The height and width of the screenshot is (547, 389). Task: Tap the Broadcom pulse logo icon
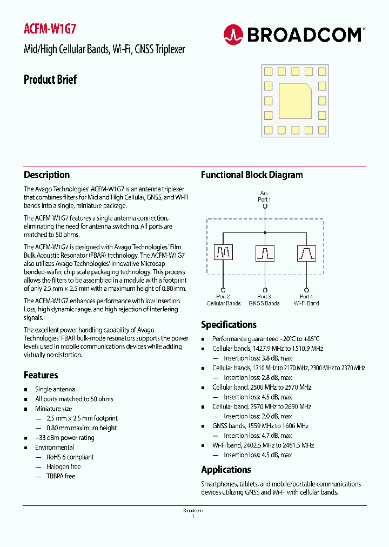[x=233, y=35]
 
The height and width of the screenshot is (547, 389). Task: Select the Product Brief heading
[x=50, y=79]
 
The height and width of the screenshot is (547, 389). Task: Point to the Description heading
[x=46, y=175]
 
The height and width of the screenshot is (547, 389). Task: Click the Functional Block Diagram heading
[x=252, y=175]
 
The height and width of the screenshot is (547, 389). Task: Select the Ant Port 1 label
[x=264, y=196]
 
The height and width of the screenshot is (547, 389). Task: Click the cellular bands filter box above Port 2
[x=223, y=252]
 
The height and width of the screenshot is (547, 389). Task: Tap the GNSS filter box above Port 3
[x=265, y=252]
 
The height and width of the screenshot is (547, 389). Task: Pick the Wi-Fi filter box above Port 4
[x=306, y=252]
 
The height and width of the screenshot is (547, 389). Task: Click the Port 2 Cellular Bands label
[x=223, y=300]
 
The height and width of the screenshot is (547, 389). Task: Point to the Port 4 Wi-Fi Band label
[x=306, y=300]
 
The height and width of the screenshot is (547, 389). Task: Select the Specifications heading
[x=229, y=325]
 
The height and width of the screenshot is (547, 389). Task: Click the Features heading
[x=41, y=375]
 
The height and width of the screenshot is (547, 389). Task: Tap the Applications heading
[x=226, y=470]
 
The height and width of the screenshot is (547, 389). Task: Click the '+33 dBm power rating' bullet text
[x=65, y=438]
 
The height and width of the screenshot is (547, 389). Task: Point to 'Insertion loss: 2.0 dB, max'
[x=258, y=416]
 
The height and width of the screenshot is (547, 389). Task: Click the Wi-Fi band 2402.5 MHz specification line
[x=263, y=445]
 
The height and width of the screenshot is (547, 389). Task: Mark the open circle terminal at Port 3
[x=265, y=290]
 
